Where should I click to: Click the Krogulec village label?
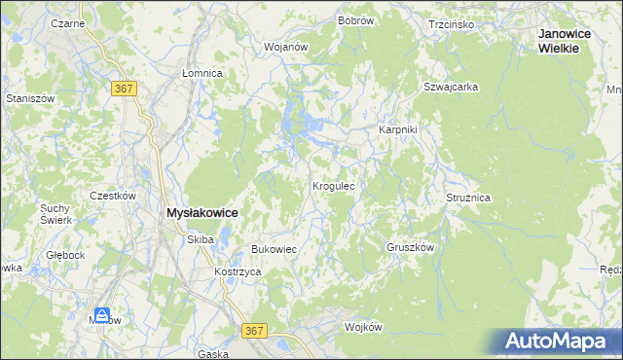[338, 185]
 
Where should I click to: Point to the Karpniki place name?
[397, 129]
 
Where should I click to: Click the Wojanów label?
[286, 47]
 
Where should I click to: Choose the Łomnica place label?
[202, 73]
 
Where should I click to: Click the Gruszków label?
[409, 247]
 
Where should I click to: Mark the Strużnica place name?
[468, 198]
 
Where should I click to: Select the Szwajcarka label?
[450, 87]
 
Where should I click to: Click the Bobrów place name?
[356, 20]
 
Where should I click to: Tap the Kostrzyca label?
[238, 272]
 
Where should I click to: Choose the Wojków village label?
[363, 327]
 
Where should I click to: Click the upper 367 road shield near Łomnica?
[124, 89]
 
